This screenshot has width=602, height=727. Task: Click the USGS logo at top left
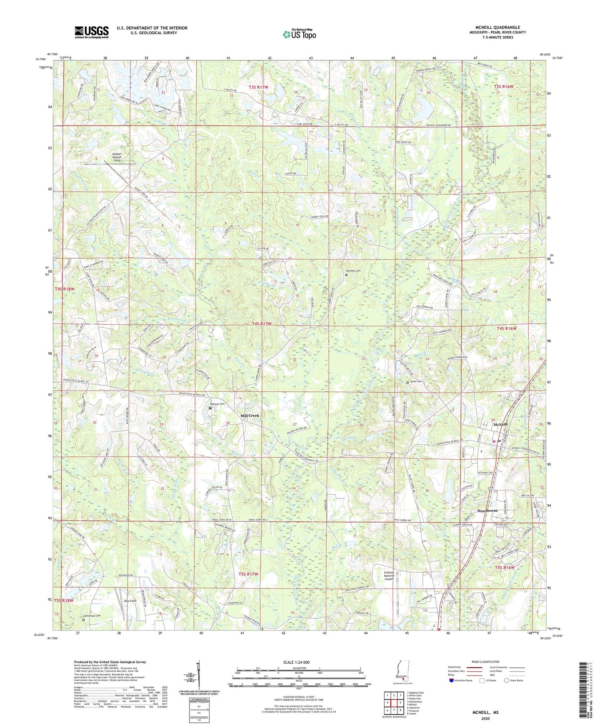coord(92,32)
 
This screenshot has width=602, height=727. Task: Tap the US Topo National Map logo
coord(299,34)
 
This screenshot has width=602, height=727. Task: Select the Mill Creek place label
coord(250,416)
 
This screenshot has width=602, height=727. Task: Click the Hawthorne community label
coord(487,510)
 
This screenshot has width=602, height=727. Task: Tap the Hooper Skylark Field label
coord(117,157)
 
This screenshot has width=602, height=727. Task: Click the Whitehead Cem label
coord(92,615)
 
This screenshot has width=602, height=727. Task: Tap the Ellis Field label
coord(130,601)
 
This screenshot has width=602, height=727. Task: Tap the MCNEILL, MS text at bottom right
coord(485,712)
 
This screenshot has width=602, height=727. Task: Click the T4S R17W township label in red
coord(262,324)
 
